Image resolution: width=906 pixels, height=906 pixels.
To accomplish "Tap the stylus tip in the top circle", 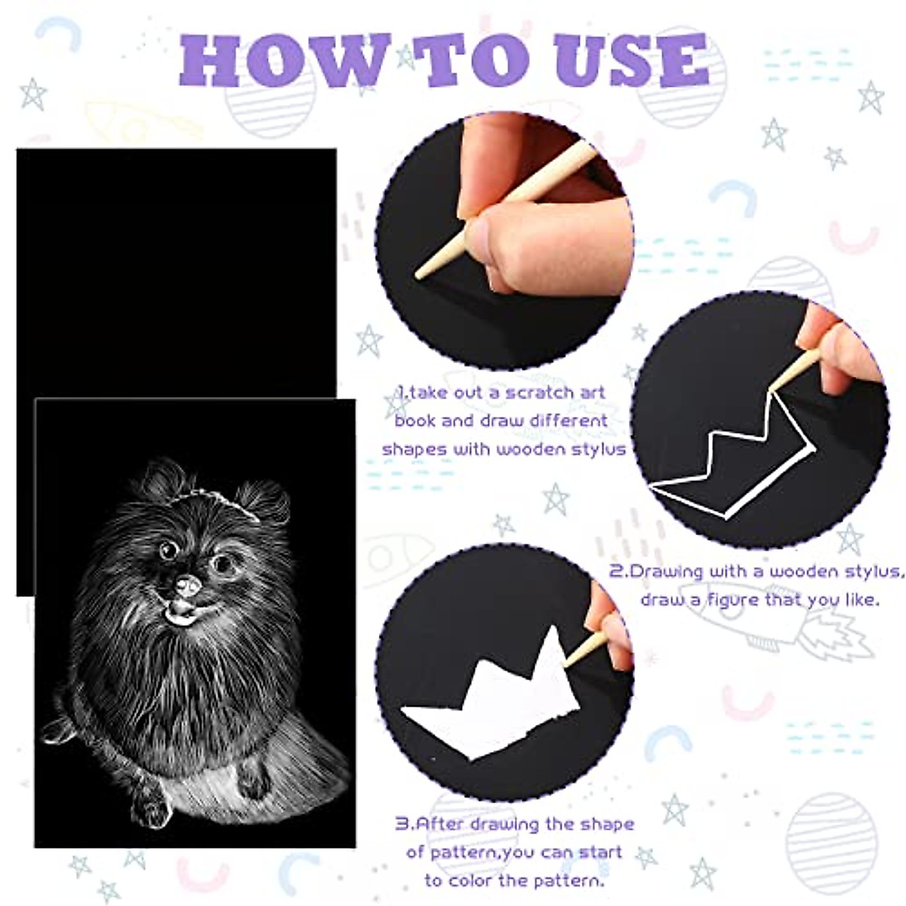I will (x=420, y=276).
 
